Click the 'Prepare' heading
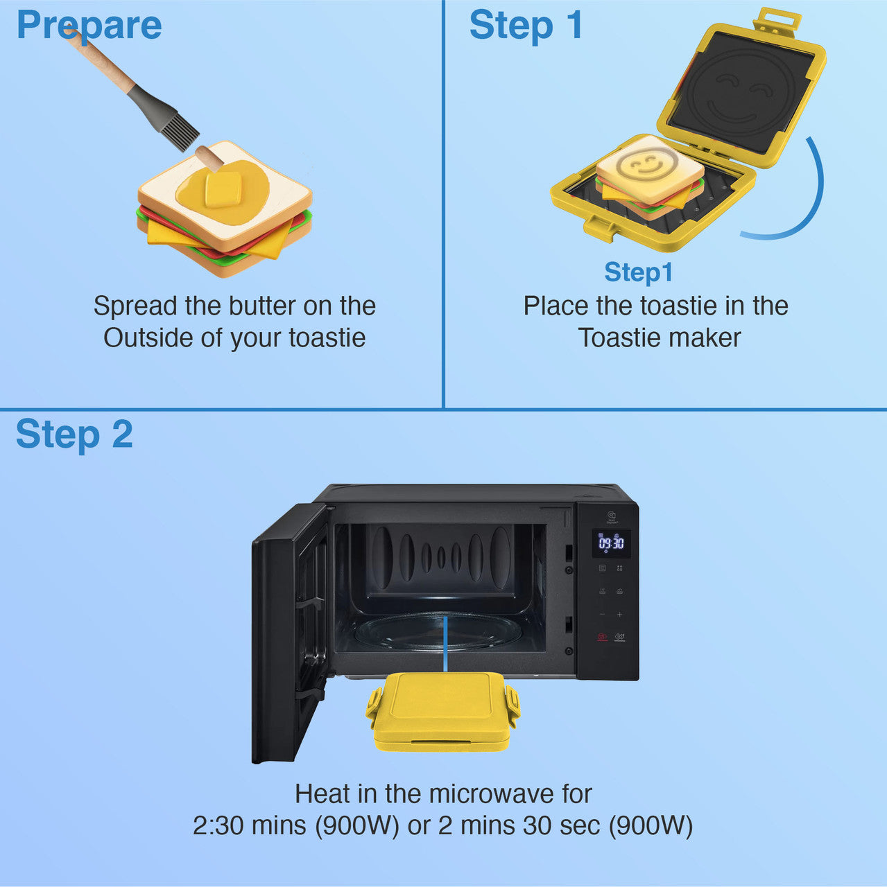89,26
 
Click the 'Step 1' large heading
526,26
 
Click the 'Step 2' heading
74,434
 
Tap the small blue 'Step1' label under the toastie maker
638,272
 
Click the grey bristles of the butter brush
179,130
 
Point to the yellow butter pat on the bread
223,189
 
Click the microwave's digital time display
611,543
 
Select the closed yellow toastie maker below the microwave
442,712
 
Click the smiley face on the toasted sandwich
641,166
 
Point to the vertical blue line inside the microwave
445,643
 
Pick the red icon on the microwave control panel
601,637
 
